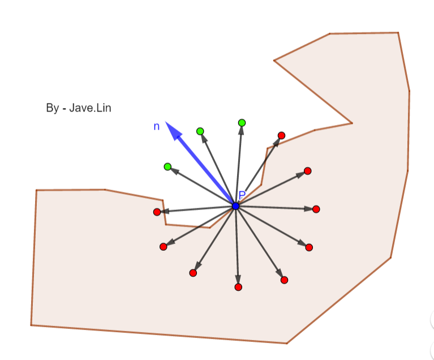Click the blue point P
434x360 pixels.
pos(235,206)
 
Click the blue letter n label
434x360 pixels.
pos(157,127)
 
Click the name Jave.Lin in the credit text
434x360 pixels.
pos(90,108)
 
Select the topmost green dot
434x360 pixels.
pos(242,123)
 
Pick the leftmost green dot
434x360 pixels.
pos(167,166)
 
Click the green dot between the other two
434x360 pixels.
pos(200,131)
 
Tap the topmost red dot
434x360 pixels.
pos(281,135)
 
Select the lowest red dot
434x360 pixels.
pos(238,287)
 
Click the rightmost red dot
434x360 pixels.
pos(316,209)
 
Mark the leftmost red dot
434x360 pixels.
pos(157,212)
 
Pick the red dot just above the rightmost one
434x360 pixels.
pos(308,171)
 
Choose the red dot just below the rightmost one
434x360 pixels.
pos(309,247)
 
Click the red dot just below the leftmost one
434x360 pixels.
pos(164,247)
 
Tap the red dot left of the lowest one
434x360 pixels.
pos(193,273)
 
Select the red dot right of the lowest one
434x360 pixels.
pos(284,280)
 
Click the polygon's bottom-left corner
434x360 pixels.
pos(31,325)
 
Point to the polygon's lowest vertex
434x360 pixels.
pos(287,343)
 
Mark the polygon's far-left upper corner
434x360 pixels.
pos(36,190)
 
